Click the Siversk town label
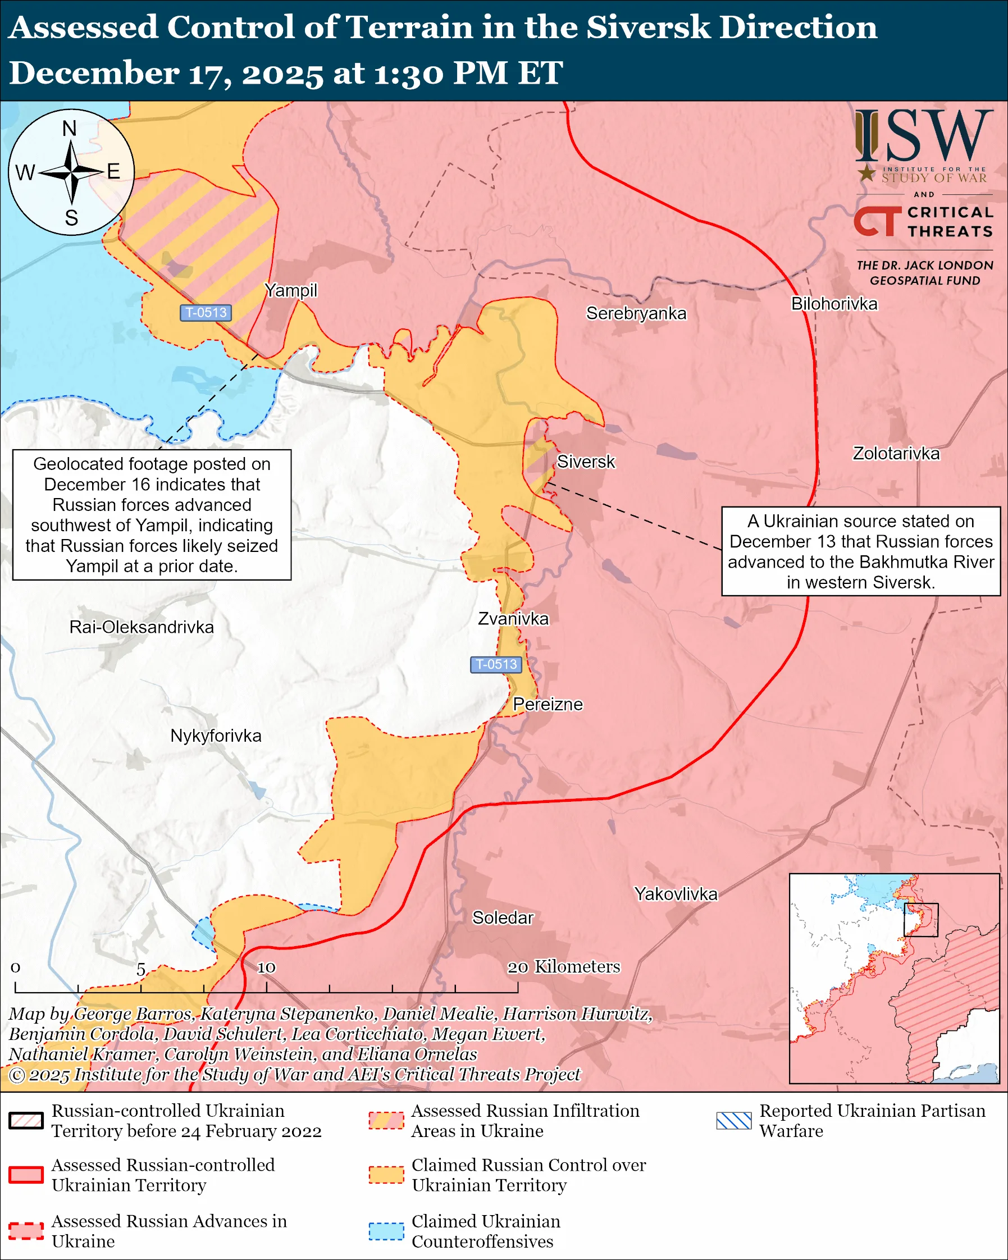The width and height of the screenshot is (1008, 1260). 586,462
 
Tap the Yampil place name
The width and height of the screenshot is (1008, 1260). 290,290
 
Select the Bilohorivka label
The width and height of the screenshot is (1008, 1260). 834,304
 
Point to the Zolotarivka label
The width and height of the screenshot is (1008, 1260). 896,454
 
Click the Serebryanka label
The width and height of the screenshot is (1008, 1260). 636,313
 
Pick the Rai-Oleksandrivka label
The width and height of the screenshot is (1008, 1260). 142,627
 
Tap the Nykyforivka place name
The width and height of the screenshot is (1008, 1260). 216,735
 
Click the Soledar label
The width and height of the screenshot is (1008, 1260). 503,917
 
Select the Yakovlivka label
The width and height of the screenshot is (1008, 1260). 676,893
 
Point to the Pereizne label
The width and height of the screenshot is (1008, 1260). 548,704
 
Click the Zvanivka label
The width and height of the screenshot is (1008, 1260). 513,618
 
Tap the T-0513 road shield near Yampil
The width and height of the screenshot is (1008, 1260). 206,313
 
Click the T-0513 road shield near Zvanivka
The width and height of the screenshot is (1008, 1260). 496,664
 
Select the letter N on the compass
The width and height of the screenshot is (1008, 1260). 70,129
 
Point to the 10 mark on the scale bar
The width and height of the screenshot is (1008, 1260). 267,967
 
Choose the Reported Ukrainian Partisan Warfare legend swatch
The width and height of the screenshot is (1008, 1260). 733,1120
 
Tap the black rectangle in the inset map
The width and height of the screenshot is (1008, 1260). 921,920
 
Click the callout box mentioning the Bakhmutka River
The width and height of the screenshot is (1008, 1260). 861,551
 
